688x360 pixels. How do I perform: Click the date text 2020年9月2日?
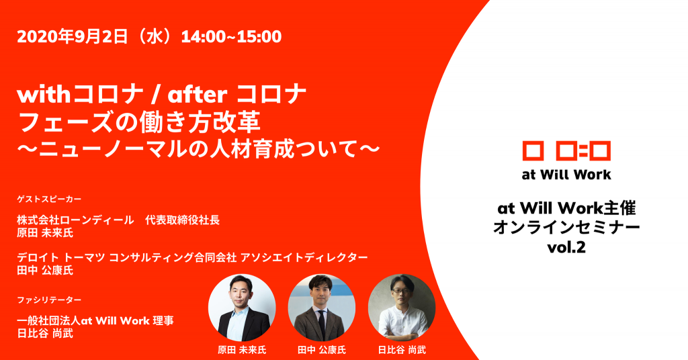73,36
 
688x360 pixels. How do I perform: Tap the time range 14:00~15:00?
231,36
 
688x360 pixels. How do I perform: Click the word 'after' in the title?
198,94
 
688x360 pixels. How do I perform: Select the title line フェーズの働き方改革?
138,122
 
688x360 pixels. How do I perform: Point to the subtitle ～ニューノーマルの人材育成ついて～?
198,149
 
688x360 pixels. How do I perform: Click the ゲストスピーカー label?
49,199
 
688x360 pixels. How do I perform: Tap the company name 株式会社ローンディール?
75,220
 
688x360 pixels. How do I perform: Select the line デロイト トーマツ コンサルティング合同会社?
127,257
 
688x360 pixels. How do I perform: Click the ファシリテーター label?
49,300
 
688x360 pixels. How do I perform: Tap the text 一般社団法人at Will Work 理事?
95,320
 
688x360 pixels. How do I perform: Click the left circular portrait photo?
242,308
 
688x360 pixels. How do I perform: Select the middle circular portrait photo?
322,308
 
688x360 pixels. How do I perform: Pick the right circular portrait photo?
402,308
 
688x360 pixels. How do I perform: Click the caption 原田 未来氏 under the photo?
242,350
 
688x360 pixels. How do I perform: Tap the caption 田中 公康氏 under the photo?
322,350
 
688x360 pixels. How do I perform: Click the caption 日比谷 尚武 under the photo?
402,350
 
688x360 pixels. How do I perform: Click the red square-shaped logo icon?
566,151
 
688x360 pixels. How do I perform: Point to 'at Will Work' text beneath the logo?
566,175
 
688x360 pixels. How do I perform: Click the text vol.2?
566,248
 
